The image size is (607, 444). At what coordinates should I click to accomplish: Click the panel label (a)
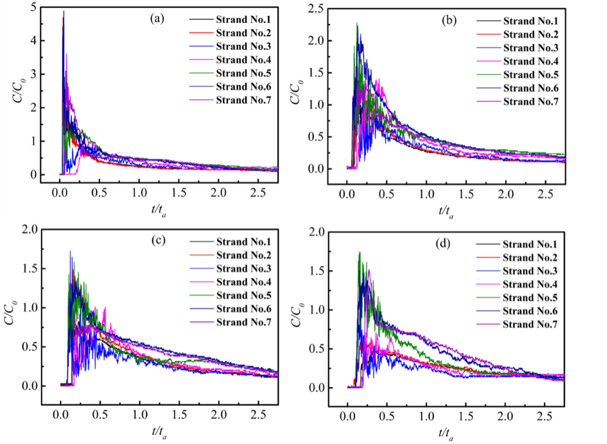[157, 18]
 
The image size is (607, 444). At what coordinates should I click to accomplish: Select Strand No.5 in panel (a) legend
[240, 73]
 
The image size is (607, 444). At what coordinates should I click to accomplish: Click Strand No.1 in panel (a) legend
[240, 19]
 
